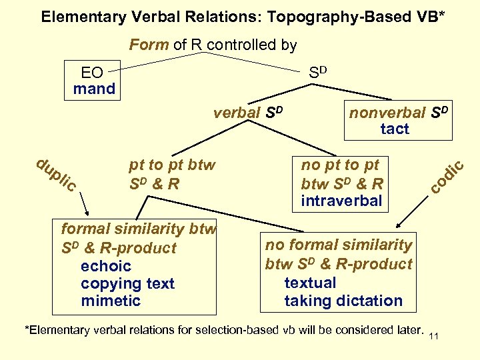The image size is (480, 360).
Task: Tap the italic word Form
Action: [x=149, y=45]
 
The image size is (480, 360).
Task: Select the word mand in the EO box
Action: [x=94, y=89]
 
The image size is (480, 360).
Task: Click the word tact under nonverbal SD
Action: [x=395, y=129]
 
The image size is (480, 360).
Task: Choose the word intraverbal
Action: [x=341, y=201]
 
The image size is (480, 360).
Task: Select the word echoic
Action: [x=105, y=265]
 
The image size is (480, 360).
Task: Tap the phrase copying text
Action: [x=127, y=283]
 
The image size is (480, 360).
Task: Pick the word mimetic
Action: [x=111, y=301]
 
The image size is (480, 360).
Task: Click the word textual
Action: [x=310, y=283]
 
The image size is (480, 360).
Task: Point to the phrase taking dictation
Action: [x=343, y=301]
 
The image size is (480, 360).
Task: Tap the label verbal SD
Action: [x=248, y=112]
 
